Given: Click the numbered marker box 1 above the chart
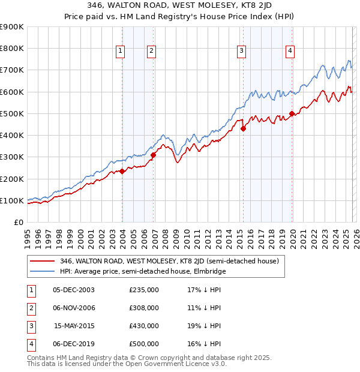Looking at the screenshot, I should (121, 52).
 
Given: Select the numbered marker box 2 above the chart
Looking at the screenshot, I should (151, 52).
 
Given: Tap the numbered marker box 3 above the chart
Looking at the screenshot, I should (241, 52).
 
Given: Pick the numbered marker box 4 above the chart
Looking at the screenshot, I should (290, 52).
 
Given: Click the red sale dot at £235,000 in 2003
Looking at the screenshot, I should (122, 171).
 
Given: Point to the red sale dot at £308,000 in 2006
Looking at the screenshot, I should (153, 155).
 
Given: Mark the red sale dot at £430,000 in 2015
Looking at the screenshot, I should (243, 128).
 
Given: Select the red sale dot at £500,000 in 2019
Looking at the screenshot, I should (292, 113).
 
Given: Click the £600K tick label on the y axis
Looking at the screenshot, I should (11, 92).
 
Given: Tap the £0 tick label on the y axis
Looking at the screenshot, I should (18, 222).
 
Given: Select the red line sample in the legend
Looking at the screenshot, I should (42, 261).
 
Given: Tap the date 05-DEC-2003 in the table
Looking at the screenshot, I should (74, 290).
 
